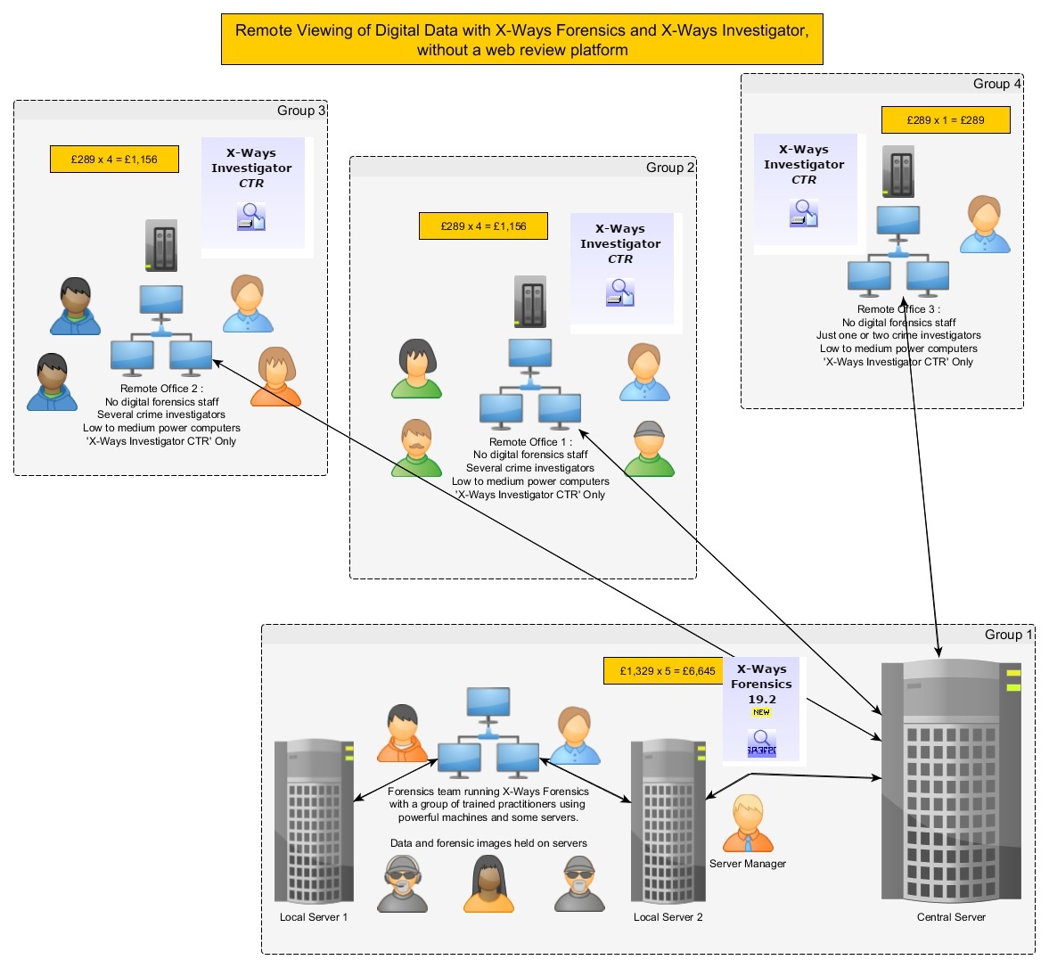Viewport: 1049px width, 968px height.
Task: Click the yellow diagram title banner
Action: click(x=521, y=39)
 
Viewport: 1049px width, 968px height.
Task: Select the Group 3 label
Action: click(x=301, y=111)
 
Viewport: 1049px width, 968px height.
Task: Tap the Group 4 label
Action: click(x=996, y=84)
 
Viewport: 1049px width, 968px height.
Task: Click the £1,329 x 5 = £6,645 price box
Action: click(x=667, y=671)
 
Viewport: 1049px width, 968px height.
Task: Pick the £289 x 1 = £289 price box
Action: click(x=946, y=120)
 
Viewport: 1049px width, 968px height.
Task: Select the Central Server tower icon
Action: click(x=951, y=780)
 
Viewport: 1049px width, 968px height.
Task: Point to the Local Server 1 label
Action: click(x=314, y=917)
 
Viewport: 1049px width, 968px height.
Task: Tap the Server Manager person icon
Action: click(x=748, y=823)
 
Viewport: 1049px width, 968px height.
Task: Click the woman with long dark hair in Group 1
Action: click(x=488, y=883)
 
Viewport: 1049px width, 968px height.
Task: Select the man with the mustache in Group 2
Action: click(x=416, y=447)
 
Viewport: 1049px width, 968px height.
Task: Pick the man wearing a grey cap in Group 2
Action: click(x=649, y=448)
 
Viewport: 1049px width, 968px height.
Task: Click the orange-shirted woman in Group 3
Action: click(x=275, y=377)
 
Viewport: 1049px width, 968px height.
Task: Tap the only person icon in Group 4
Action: click(x=985, y=224)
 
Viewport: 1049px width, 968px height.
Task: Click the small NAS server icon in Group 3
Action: click(x=161, y=245)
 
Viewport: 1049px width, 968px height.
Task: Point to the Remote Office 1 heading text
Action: click(x=530, y=442)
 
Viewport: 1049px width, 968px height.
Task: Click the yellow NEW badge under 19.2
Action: click(x=761, y=712)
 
